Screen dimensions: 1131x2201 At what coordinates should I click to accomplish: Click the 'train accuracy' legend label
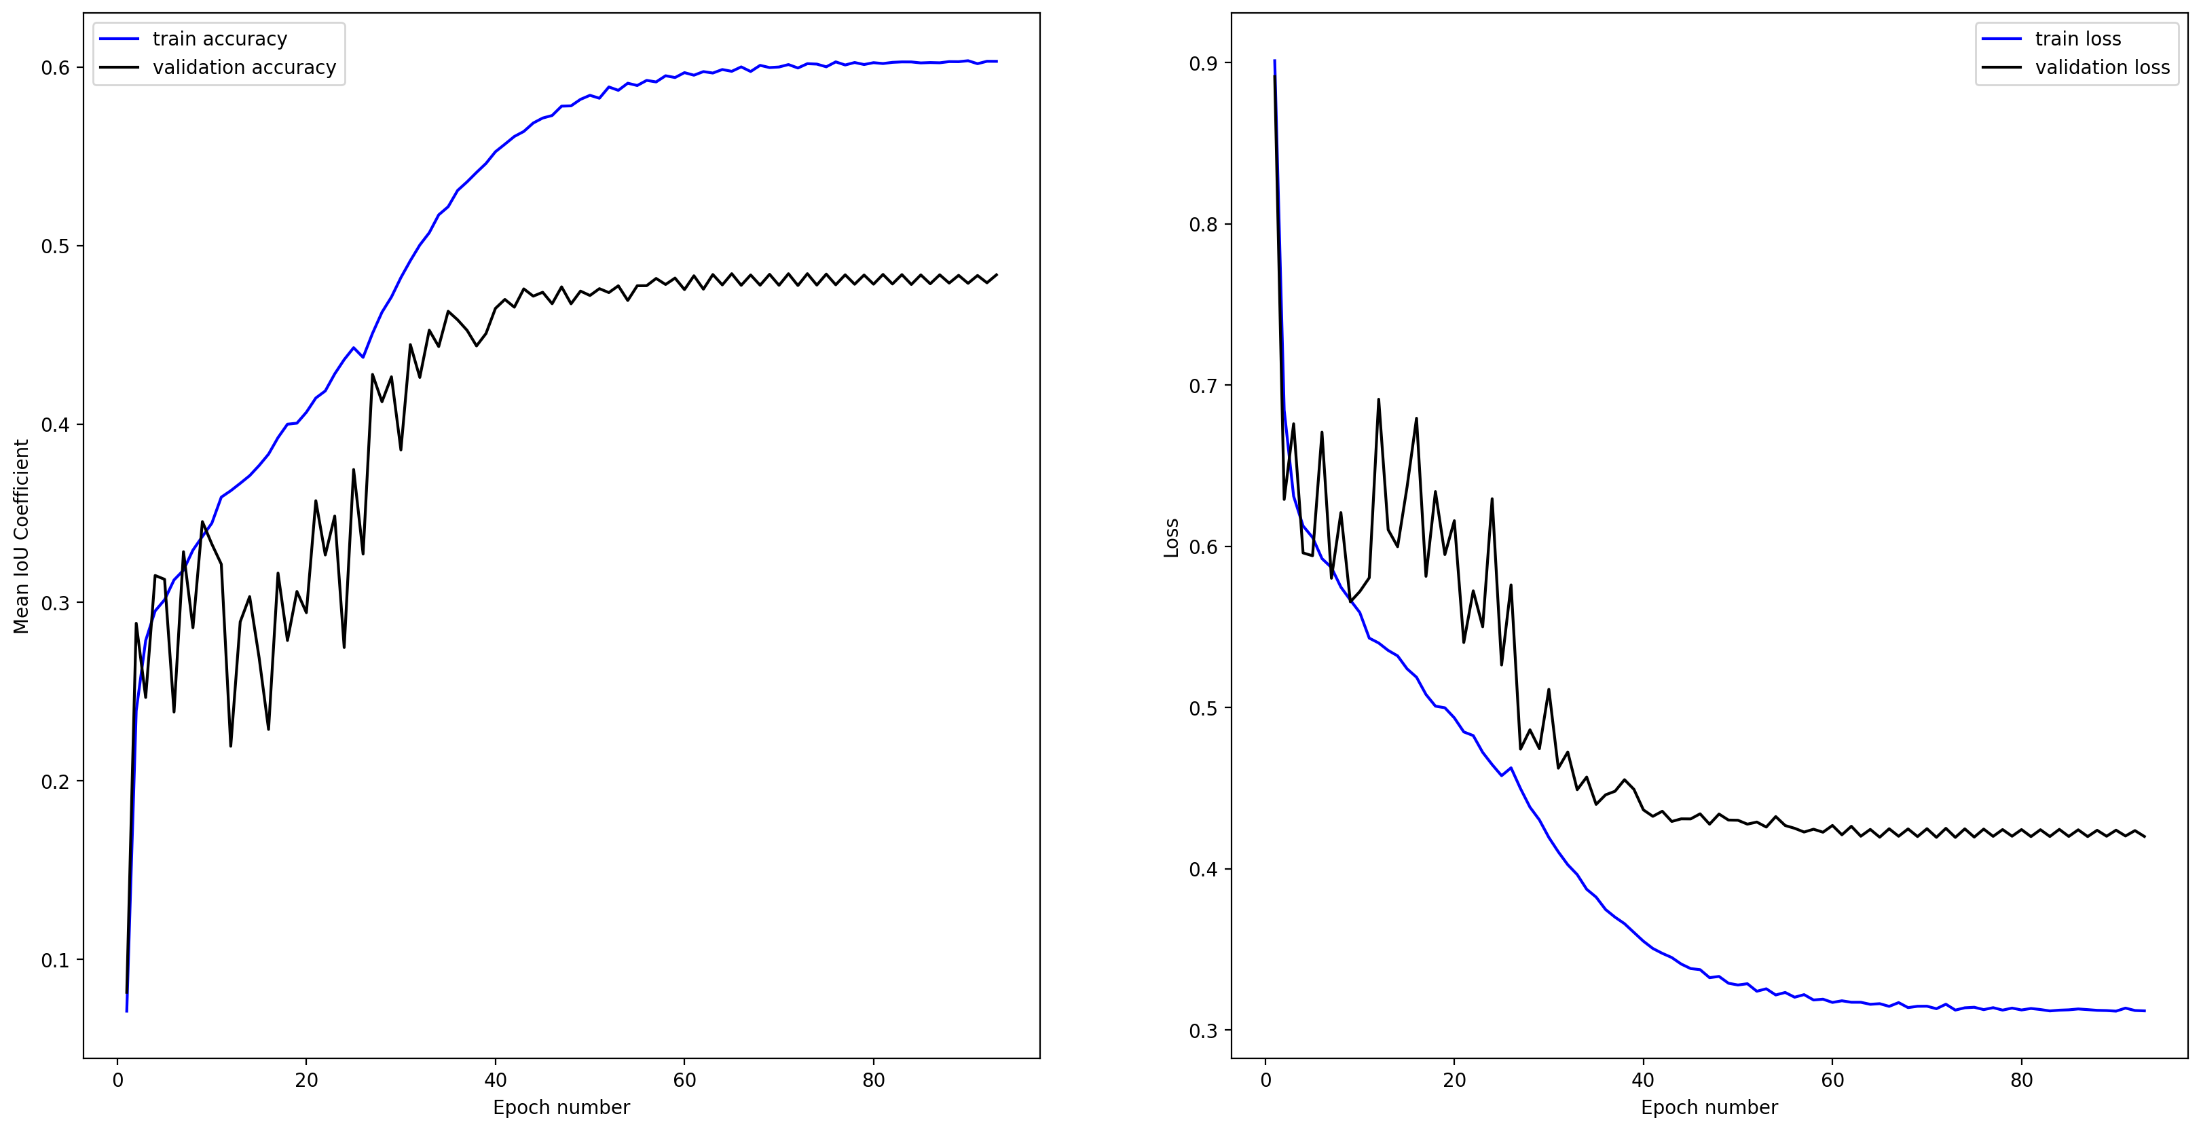coord(219,39)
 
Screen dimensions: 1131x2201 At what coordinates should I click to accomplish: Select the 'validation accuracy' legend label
coord(244,67)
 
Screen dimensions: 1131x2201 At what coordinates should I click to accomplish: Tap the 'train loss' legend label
coord(2077,39)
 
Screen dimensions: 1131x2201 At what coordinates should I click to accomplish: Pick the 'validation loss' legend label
coord(2102,67)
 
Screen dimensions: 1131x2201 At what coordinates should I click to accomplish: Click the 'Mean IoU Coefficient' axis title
coord(21,536)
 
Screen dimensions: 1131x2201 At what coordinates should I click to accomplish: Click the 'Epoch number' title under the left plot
coord(561,1107)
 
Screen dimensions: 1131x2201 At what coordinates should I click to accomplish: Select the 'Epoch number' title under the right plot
coord(1709,1107)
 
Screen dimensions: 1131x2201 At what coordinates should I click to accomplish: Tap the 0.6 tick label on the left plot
coord(56,69)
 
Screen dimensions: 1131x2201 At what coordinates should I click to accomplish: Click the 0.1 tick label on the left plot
coord(56,960)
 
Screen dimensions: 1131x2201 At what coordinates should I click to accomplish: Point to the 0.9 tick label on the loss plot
coord(1203,63)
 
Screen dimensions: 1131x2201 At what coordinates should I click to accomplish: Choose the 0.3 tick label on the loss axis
coord(1203,1031)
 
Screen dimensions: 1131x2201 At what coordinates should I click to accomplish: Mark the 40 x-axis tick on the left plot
coord(496,1080)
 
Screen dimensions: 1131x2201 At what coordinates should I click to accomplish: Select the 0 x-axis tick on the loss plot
coord(1265,1080)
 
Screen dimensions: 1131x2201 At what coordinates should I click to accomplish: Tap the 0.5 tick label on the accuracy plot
coord(56,247)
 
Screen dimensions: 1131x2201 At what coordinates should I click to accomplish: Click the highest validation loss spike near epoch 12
coord(1378,399)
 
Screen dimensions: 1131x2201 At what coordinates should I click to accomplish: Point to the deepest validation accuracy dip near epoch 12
coord(231,746)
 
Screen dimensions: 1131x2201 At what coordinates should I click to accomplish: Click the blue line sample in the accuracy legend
coord(119,39)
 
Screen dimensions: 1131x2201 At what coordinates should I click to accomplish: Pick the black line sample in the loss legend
coord(2001,67)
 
